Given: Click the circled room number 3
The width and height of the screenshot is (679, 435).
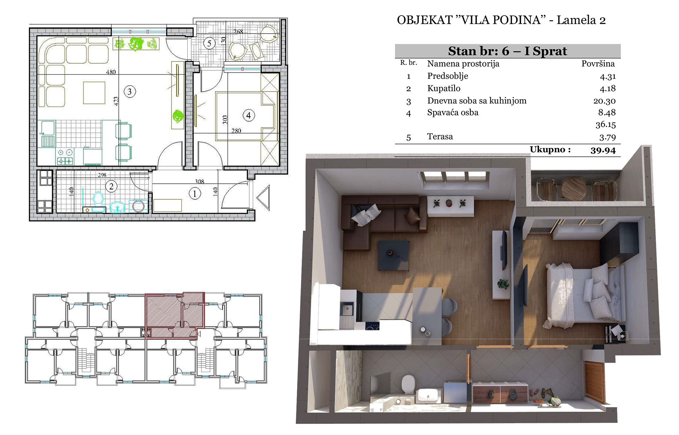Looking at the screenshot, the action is (130, 92).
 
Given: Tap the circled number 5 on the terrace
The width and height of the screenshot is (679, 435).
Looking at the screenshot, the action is (209, 43).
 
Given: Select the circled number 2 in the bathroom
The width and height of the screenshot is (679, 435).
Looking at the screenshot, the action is (111, 186).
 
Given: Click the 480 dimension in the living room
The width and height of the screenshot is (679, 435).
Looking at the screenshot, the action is (111, 72).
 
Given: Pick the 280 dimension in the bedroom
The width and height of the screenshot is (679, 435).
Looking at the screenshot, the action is (236, 131).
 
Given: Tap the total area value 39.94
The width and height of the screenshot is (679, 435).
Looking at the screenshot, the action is (603, 150).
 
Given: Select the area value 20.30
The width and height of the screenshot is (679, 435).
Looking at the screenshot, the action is (604, 101).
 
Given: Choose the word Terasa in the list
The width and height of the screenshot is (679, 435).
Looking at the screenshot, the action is (440, 136).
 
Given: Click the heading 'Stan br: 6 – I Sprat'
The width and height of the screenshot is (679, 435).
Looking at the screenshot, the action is (507, 51).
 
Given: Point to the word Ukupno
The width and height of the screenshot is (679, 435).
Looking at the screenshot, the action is (550, 149).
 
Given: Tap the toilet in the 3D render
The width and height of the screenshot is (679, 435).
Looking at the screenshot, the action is (408, 384).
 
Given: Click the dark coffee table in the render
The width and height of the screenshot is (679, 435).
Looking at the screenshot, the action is (394, 255).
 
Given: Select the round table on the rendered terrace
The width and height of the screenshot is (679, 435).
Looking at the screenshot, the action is (574, 189).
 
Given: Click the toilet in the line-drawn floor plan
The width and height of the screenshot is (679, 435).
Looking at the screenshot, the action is (98, 200).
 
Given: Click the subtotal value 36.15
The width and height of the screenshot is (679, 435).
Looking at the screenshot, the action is (605, 124).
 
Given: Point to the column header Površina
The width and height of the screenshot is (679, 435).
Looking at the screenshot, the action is (598, 64).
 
